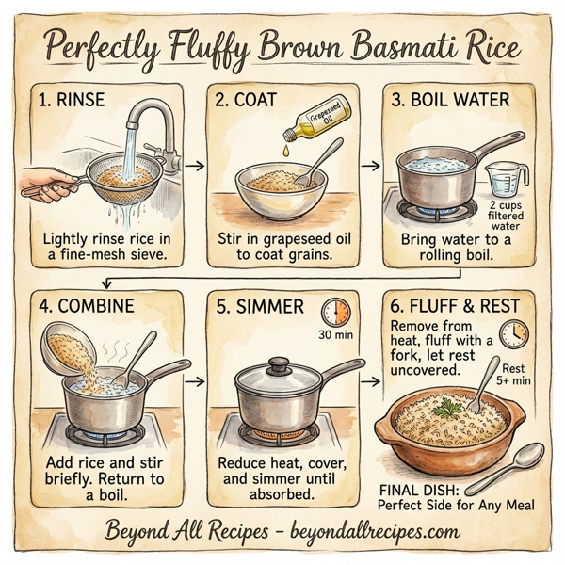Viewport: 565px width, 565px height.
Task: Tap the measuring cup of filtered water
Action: pyautogui.click(x=505, y=179)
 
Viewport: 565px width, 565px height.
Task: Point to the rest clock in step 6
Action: pyautogui.click(x=514, y=332)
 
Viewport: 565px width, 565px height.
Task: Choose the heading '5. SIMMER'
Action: pyautogui.click(x=261, y=307)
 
